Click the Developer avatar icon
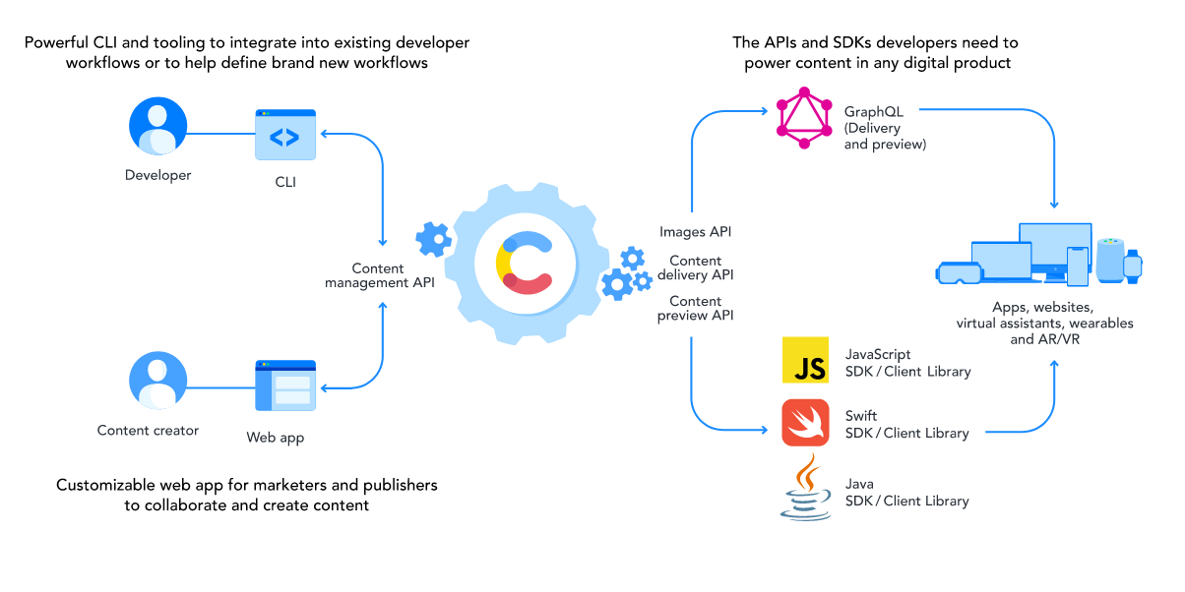tap(157, 127)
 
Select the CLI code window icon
tap(285, 135)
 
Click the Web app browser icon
tap(285, 385)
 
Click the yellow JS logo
tap(809, 360)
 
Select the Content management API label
tap(379, 276)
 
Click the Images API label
tap(696, 232)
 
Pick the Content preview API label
tap(696, 308)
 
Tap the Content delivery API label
tap(696, 267)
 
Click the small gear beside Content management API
tap(433, 239)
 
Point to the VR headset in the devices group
tap(959, 272)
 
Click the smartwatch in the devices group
tap(1134, 265)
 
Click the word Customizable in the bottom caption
tap(104, 485)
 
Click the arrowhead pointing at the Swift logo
tap(765, 429)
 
